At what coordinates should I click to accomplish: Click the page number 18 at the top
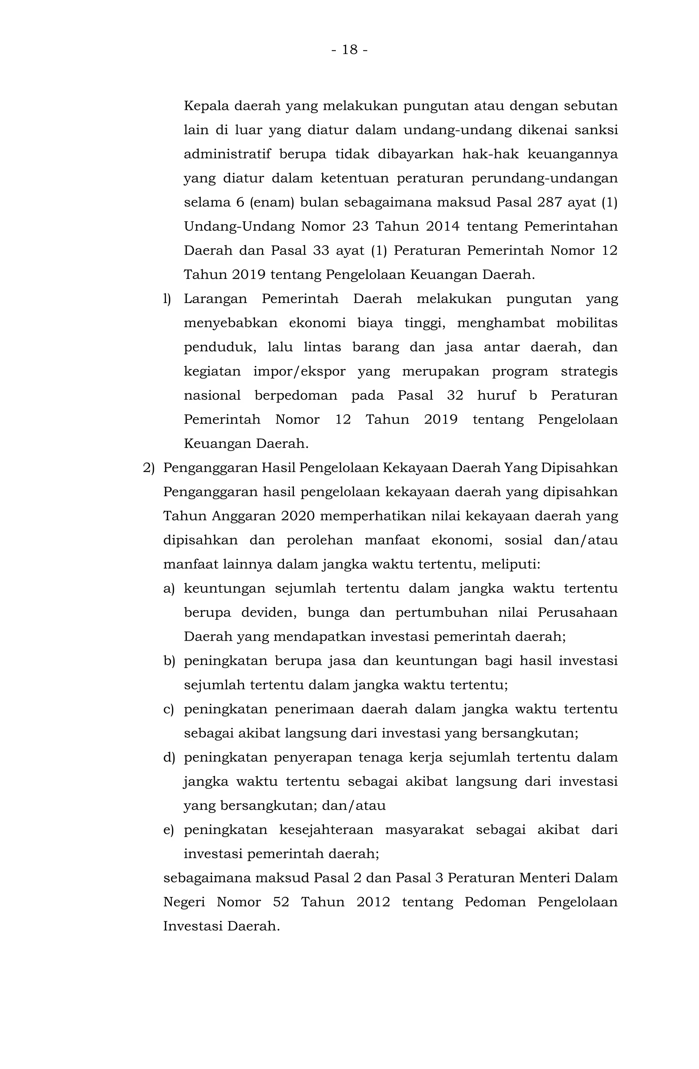349,49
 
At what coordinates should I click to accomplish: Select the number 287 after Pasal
548,203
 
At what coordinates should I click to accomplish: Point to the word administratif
227,155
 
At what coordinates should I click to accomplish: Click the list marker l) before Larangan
167,299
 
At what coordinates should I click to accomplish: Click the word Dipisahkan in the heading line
579,468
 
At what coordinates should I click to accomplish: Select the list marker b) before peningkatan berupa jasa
169,661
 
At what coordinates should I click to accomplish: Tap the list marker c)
169,709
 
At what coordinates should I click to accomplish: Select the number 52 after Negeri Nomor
281,902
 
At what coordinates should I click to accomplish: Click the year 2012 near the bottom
373,902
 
